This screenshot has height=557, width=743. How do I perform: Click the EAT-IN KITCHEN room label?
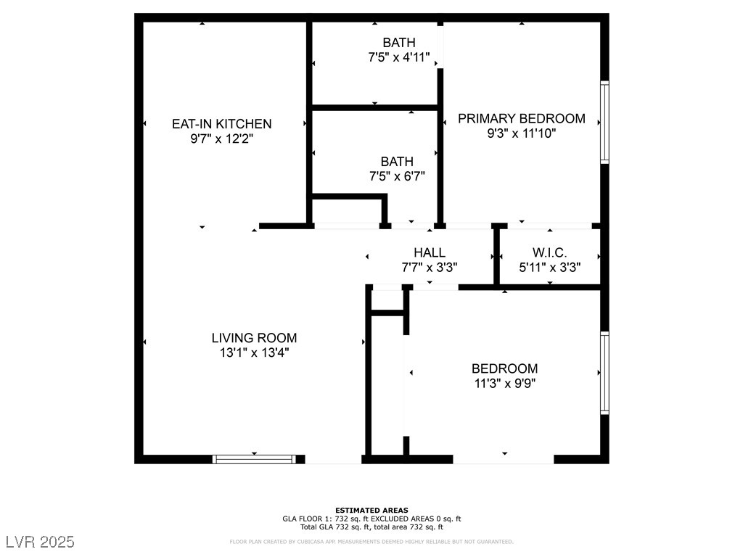[221, 124]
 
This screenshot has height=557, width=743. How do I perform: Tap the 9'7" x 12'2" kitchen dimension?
[221, 138]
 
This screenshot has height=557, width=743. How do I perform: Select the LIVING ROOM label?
[254, 338]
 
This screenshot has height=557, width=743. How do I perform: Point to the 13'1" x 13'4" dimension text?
[254, 352]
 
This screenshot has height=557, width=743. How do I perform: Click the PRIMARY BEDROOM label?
[521, 119]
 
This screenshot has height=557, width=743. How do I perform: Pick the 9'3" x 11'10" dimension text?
[521, 133]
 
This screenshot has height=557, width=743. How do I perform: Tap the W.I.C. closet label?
[549, 252]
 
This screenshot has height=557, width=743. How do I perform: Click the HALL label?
[430, 252]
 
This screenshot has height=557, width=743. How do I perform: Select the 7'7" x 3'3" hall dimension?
[430, 267]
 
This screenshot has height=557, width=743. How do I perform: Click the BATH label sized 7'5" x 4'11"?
[399, 43]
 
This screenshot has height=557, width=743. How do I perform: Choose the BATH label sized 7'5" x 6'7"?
[397, 162]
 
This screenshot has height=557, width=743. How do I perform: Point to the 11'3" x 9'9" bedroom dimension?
[504, 383]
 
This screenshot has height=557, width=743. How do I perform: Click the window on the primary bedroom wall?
[604, 122]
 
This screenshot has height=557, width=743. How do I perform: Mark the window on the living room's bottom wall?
[254, 458]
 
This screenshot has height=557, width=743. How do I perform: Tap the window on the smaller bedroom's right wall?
[604, 373]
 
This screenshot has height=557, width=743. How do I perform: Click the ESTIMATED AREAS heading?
[371, 510]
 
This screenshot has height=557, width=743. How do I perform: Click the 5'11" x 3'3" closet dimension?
[549, 267]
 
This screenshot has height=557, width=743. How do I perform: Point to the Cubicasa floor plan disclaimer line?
[371, 542]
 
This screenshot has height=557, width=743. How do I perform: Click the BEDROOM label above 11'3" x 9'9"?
[504, 368]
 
